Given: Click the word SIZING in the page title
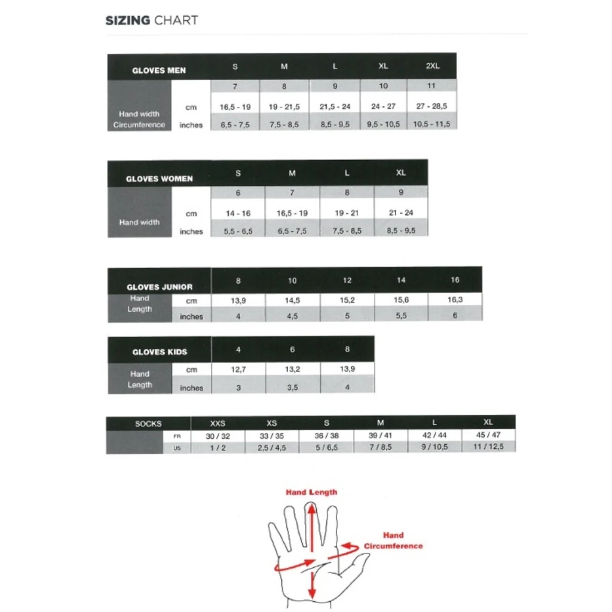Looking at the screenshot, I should click(x=127, y=20).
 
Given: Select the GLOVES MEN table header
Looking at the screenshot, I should click(x=159, y=70).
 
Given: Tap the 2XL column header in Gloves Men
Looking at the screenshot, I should click(x=433, y=66).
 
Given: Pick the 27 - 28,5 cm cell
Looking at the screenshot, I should click(x=432, y=106).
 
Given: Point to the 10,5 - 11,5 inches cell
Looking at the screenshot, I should click(x=432, y=124).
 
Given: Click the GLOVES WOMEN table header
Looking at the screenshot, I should click(x=159, y=178).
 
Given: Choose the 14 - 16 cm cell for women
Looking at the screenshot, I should click(x=238, y=213).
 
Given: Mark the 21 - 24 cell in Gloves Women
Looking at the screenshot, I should click(x=400, y=213).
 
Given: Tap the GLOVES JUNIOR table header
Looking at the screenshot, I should click(x=159, y=286).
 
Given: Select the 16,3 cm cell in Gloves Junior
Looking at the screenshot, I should click(x=455, y=299).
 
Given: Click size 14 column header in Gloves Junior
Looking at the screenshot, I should click(x=401, y=280).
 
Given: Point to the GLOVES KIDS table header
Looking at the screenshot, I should click(x=159, y=352).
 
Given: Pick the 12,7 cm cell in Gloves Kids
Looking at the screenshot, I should click(x=238, y=369).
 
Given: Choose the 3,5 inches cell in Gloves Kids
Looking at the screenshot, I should click(x=292, y=387).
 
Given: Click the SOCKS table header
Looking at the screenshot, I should click(x=148, y=423).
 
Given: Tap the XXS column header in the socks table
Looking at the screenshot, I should click(x=218, y=423).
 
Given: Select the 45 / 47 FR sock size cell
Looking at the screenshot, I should click(x=488, y=435).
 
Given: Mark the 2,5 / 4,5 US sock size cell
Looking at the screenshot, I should click(x=271, y=447).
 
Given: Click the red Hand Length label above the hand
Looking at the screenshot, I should click(x=311, y=492).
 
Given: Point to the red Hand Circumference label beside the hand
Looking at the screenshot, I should click(x=393, y=540).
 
